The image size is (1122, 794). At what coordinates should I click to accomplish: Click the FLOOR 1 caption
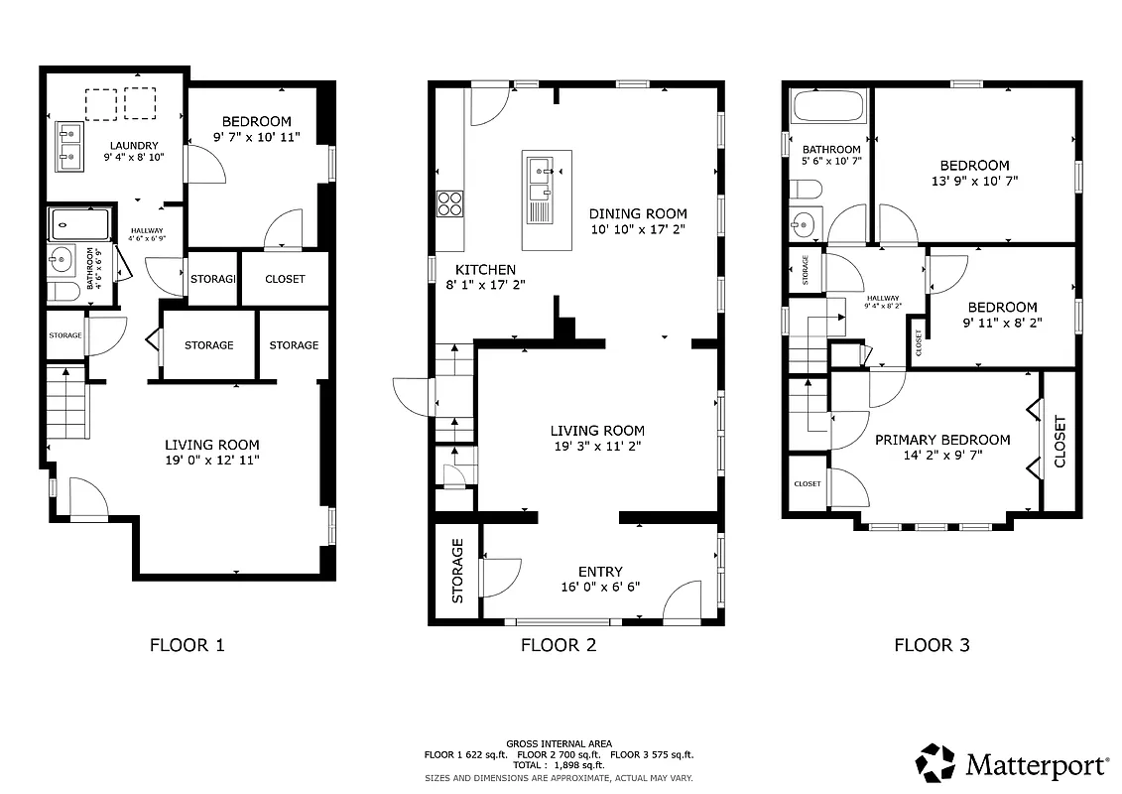[x=187, y=645]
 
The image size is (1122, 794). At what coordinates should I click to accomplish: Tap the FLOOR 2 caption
[x=559, y=645]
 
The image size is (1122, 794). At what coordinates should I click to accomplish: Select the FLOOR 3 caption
[x=932, y=645]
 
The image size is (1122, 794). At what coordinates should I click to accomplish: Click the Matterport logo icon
[x=935, y=763]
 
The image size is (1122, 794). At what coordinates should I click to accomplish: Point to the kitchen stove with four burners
[x=449, y=202]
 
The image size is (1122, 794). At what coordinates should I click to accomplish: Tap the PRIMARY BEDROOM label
[x=942, y=440]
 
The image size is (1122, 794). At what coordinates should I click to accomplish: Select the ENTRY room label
[x=600, y=572]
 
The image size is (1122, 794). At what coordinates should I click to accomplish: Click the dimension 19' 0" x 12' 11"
[x=212, y=460]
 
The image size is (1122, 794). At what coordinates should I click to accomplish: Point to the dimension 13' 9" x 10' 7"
[x=974, y=181]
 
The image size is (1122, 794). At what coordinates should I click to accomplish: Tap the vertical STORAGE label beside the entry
[x=457, y=571]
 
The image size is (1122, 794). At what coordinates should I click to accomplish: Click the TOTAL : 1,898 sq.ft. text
[x=559, y=765]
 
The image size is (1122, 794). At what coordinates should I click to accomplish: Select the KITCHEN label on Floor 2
[x=485, y=270]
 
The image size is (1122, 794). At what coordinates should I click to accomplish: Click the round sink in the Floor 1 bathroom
[x=62, y=261]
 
